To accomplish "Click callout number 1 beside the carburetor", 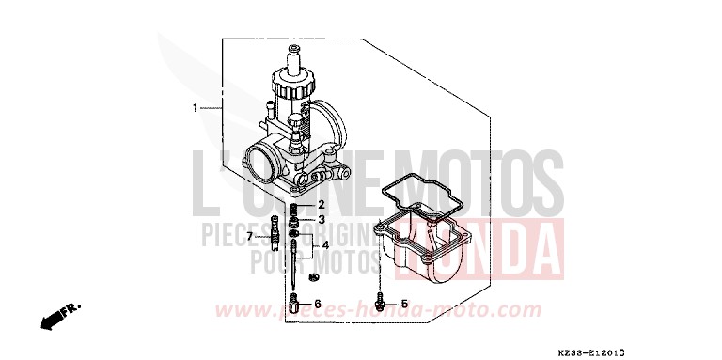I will coord(196,108).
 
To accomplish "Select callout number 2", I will coord(321,204).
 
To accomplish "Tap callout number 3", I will coord(321,220).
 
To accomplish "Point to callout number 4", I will coord(324,245).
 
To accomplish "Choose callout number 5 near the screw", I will coord(405,304).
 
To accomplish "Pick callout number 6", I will coord(318,304).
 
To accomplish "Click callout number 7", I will coord(251,236).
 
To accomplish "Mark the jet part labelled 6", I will coord(294,305).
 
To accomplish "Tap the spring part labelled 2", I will coord(293,206).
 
